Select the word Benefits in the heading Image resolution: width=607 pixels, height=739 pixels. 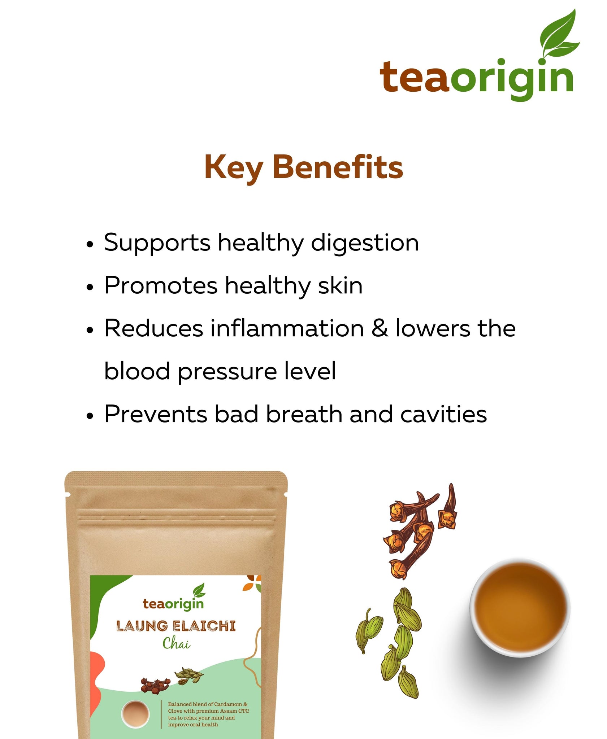338,167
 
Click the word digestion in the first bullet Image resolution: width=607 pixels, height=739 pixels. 365,242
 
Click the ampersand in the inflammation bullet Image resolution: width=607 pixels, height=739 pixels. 380,328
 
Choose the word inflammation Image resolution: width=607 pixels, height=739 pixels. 287,328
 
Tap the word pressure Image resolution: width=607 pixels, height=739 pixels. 227,372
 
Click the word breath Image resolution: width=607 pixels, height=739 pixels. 304,414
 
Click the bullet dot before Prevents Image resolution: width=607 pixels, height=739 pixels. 90,416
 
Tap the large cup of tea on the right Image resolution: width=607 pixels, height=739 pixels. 520,608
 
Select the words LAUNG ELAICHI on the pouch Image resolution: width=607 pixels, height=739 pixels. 176,626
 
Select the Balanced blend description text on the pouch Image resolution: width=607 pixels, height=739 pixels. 208,714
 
